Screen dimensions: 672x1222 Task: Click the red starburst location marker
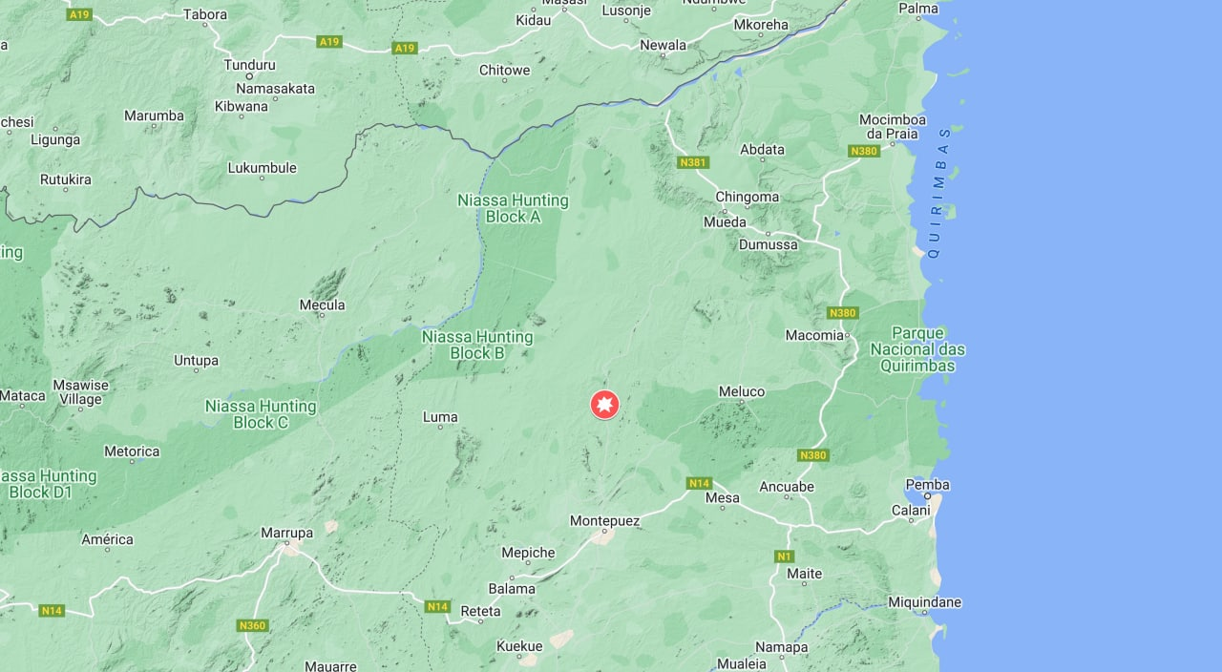click(x=604, y=405)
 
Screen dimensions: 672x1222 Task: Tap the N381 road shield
click(x=693, y=162)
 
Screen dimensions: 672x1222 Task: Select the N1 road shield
click(x=785, y=556)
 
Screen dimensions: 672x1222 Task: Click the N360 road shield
click(x=252, y=625)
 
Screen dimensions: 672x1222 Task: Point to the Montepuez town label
click(x=605, y=520)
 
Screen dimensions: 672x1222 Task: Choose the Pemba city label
click(x=927, y=485)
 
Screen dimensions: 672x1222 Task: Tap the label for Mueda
click(x=725, y=222)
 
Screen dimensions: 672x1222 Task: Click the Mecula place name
click(x=322, y=305)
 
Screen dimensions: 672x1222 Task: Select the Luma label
click(x=440, y=417)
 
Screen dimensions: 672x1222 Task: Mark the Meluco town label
click(x=742, y=391)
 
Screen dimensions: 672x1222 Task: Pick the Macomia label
click(x=814, y=335)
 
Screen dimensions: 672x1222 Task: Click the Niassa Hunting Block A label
click(x=513, y=208)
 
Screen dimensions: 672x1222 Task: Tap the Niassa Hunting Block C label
click(x=261, y=413)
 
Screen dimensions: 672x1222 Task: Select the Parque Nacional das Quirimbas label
click(x=917, y=349)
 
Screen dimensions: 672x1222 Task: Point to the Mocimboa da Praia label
click(x=893, y=126)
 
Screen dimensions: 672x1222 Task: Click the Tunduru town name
click(x=249, y=65)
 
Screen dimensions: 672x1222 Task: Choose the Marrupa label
click(x=286, y=533)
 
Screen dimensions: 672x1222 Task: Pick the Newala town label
click(x=663, y=45)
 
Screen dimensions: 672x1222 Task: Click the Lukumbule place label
click(x=262, y=168)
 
